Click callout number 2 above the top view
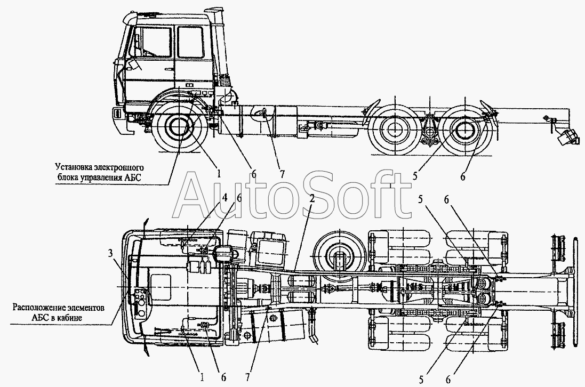click(x=311, y=198)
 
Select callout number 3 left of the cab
click(x=110, y=254)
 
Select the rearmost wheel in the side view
click(x=465, y=129)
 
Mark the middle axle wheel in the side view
click(x=394, y=129)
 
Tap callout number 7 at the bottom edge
click(x=249, y=377)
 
